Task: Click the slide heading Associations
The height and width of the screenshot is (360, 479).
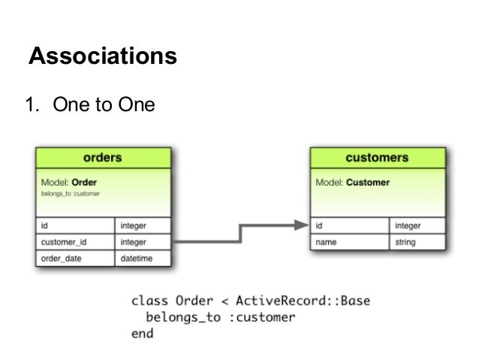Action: tap(102, 56)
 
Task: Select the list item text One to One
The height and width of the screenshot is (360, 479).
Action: tap(103, 104)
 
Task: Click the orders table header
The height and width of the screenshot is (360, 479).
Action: tap(103, 158)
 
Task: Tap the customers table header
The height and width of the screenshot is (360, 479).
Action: tap(377, 158)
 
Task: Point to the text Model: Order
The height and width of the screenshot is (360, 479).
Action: tap(69, 182)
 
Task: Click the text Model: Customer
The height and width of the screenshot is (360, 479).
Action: tap(352, 182)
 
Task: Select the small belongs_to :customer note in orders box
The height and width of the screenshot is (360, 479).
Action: tap(71, 194)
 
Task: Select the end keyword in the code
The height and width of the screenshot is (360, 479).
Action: tap(142, 333)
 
